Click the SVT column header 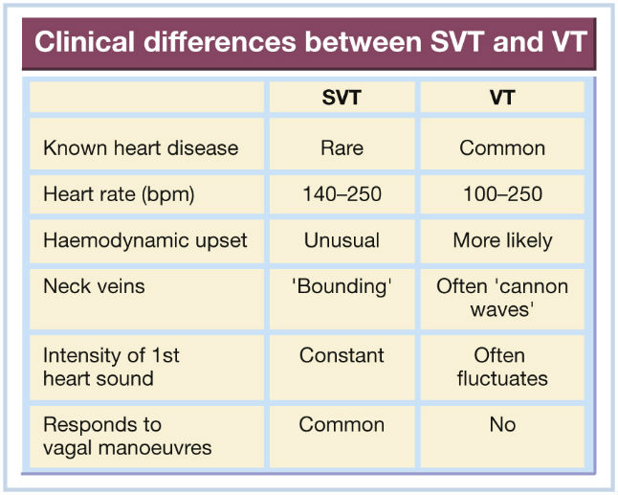342,98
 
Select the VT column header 502,98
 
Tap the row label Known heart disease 141,148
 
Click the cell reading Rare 342,148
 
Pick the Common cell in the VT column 502,148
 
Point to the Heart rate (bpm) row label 119,194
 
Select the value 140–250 342,194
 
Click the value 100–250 502,194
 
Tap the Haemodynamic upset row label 145,240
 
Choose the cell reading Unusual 342,240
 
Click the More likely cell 502,240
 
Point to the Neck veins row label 94,286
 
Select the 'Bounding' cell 342,286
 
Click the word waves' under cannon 502,309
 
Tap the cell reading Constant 342,355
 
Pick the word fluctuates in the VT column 502,378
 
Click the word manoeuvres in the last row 155,448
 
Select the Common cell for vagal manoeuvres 342,425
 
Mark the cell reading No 502,425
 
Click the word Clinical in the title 86,42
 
